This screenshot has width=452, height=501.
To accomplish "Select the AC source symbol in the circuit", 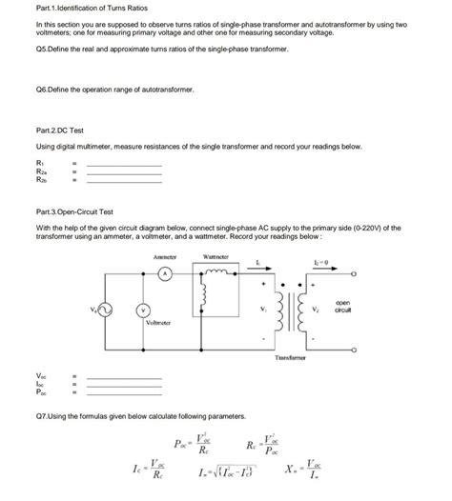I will [106, 310].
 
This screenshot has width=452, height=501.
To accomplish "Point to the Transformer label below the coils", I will [290, 357].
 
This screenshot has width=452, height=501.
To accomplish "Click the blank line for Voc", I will [124, 378].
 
